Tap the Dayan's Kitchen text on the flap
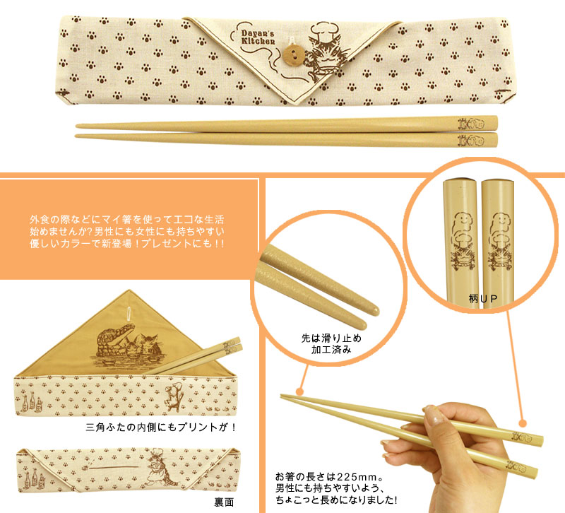pyautogui.click(x=258, y=37)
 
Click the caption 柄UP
pyautogui.click(x=483, y=298)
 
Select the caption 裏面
pyautogui.click(x=224, y=502)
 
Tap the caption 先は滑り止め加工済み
pyautogui.click(x=331, y=344)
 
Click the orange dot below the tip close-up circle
pyautogui.click(x=299, y=392)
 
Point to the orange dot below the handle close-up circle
pyautogui.click(x=523, y=423)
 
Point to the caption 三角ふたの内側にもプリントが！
pyautogui.click(x=161, y=427)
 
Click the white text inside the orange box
pyautogui.click(x=127, y=231)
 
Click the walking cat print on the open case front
pyautogui.click(x=174, y=398)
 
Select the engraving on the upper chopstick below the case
pyautogui.click(x=471, y=124)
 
